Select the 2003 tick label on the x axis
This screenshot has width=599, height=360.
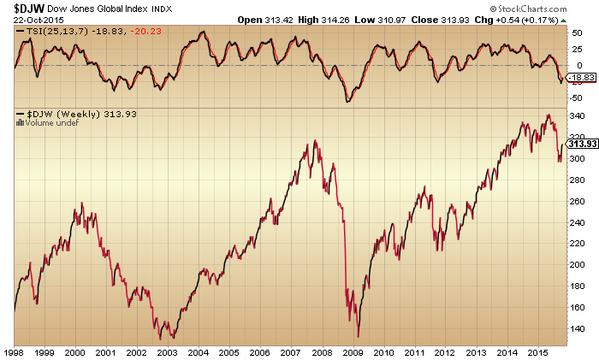point(169,351)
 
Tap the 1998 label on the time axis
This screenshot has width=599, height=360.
point(14,351)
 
